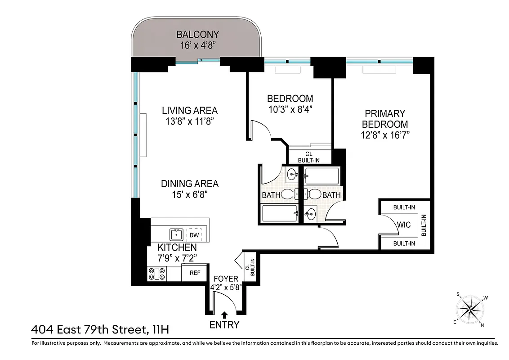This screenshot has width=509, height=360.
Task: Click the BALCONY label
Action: coord(197,34)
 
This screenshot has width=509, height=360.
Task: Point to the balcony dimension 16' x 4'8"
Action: coord(197,45)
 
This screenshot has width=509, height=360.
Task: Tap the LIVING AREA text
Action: coord(190,110)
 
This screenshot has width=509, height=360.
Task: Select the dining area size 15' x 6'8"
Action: coord(190,194)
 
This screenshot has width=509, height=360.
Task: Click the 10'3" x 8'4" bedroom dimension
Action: coord(290,109)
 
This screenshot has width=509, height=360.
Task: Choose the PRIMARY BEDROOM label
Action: coord(385,119)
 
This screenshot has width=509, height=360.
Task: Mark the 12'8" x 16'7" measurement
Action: coord(385,135)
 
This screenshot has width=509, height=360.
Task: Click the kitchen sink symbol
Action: coord(176,234)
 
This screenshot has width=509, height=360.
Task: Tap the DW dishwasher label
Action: coord(194,235)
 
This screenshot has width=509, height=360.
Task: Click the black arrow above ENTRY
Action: coord(224,315)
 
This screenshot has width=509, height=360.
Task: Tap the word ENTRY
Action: coord(224,324)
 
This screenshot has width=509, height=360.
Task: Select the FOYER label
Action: coord(225,279)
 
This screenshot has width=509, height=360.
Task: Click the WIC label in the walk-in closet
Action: coord(404,225)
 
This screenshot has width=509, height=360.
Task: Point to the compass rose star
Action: coord(471,309)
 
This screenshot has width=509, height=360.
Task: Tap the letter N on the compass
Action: coord(482,325)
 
